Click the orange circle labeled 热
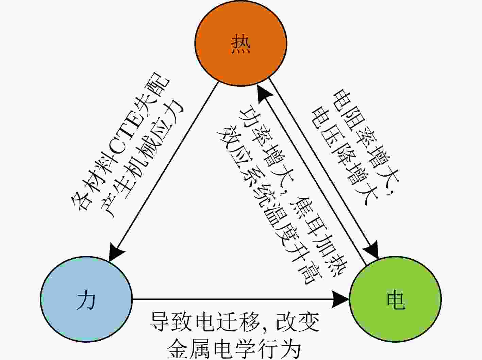pyautogui.click(x=241, y=43)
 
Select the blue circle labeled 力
pyautogui.click(x=86, y=299)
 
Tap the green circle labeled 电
pyautogui.click(x=395, y=299)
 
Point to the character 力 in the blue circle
pyautogui.click(x=86, y=299)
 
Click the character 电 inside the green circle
pyautogui.click(x=396, y=299)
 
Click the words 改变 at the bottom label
pyautogui.click(x=298, y=322)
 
